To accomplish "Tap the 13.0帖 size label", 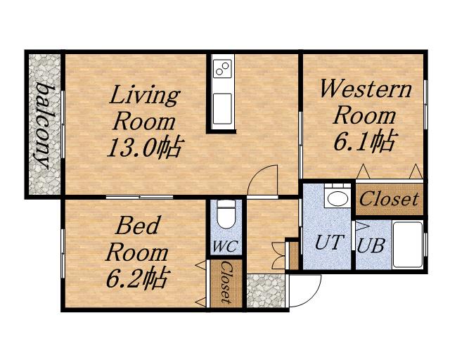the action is point(145,148).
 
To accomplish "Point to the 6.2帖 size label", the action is point(136,278).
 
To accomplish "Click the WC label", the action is point(226,246).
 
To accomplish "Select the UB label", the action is point(371,245).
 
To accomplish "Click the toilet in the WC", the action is point(226,214).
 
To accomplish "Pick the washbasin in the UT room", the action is point(337,198).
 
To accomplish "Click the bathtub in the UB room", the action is point(408,245).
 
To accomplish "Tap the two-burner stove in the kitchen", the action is point(222,69).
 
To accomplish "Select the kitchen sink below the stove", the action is point(222,109).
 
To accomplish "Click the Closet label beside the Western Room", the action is point(389,198).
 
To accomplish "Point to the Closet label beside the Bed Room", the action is point(226,282).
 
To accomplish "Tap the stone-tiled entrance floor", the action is point(266,291).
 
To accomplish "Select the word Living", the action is point(145,96).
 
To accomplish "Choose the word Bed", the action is point(138,226).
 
